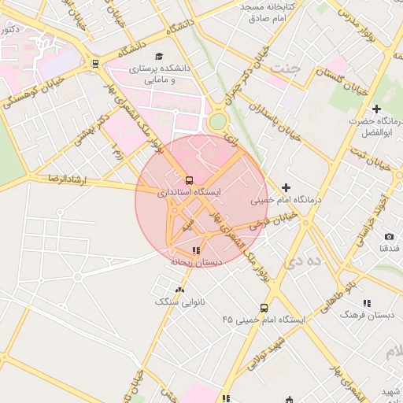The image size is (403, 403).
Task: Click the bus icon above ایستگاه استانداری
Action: tap(188, 179)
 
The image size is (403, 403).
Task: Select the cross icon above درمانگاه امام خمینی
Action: tap(286, 187)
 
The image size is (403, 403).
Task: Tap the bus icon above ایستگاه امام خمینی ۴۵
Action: tap(264, 308)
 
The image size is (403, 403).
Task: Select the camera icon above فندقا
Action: tap(389, 236)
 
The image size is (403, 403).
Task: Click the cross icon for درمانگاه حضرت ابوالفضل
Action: tap(376, 109)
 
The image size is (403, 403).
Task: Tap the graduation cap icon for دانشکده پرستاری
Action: tap(160, 57)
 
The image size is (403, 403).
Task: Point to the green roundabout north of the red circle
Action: tap(217, 122)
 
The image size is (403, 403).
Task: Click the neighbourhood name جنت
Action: tap(285, 68)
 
